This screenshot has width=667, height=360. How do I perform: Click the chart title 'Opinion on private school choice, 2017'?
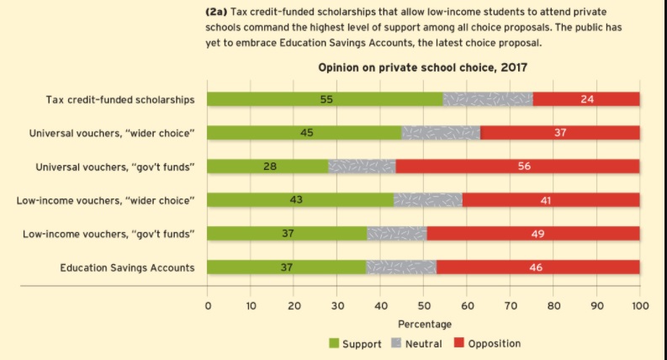pos(422,67)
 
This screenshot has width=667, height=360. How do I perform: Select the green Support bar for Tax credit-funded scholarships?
pos(325,99)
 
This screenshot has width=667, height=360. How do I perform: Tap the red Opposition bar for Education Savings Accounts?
pos(537,267)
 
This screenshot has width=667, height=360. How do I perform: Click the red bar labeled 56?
pos(517,167)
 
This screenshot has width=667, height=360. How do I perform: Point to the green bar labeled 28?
pos(267,167)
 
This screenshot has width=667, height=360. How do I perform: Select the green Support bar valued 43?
pos(299,200)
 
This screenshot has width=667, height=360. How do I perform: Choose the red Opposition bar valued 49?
pos(533,234)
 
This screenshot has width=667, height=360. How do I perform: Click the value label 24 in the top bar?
pos(587,99)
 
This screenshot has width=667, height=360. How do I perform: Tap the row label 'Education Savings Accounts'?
pos(127,267)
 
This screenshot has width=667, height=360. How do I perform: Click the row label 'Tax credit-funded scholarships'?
pos(120,100)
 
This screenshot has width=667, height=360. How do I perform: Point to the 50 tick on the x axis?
pos(423,305)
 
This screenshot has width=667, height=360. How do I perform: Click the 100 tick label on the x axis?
pos(639,305)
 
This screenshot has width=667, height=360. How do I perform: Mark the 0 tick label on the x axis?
pos(207,305)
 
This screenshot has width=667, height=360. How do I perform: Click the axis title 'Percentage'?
pos(423,324)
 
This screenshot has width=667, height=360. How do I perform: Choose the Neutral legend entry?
pos(416,343)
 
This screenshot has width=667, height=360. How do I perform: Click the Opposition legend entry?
pos(487,343)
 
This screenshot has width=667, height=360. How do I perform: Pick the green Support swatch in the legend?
pos(334,343)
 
